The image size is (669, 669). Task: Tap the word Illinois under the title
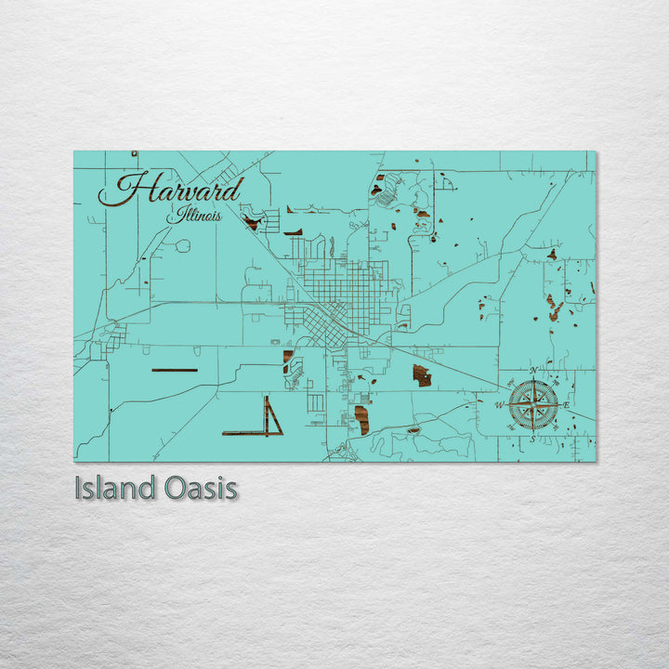[x=195, y=216]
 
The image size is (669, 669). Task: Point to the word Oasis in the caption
[x=200, y=488]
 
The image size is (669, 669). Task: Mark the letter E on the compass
[x=567, y=404]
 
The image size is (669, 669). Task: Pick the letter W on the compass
[x=499, y=405]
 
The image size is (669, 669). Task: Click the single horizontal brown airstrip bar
[x=174, y=370]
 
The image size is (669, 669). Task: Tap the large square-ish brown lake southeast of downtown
[x=422, y=375]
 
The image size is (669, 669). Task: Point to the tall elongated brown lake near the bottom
[x=361, y=419]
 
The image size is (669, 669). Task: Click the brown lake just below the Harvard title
[x=251, y=222]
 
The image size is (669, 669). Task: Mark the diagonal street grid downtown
[x=325, y=324]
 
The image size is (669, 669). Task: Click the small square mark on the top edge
[x=134, y=153]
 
